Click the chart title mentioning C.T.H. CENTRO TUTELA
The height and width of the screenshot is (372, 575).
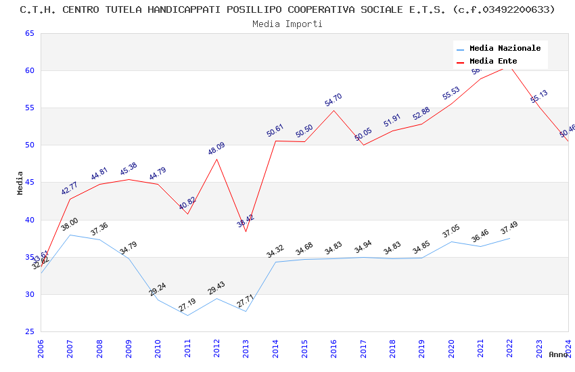[287, 9]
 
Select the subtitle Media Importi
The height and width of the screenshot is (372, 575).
[287, 24]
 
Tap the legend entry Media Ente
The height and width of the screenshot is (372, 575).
[493, 61]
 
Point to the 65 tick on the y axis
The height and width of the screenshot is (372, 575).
[28, 33]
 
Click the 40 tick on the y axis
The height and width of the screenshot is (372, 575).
[28, 220]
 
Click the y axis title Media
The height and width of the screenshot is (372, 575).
[20, 183]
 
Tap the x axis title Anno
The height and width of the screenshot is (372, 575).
[558, 354]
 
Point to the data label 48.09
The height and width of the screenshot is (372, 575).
[216, 149]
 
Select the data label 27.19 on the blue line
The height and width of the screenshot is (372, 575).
[187, 305]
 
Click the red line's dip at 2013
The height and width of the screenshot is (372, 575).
[246, 231]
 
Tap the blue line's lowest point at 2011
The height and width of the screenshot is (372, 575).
[187, 315]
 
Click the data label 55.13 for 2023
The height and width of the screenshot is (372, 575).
[539, 97]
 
